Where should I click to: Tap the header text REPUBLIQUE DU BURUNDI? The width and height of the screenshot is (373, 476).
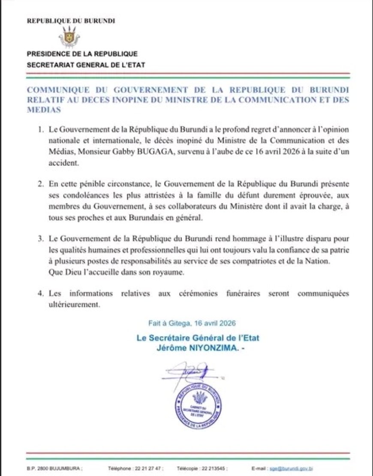coord(71,21)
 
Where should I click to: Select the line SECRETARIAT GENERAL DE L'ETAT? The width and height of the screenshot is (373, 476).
coord(86,65)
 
